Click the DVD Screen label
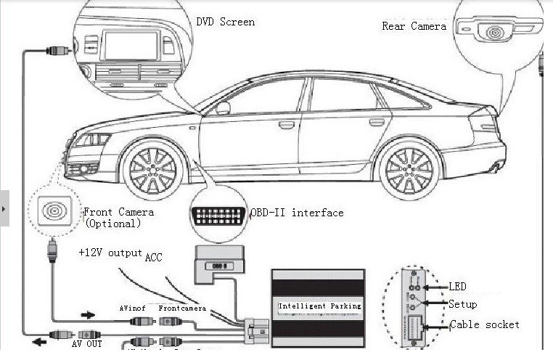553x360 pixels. click(226, 22)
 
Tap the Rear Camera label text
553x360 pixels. click(414, 26)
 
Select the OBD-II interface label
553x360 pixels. click(297, 213)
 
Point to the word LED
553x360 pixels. click(457, 287)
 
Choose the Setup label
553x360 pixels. click(462, 304)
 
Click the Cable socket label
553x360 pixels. click(485, 324)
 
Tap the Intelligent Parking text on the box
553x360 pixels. click(319, 306)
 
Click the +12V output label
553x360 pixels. click(110, 253)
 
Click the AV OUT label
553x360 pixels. click(86, 343)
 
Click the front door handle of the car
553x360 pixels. click(287, 124)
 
